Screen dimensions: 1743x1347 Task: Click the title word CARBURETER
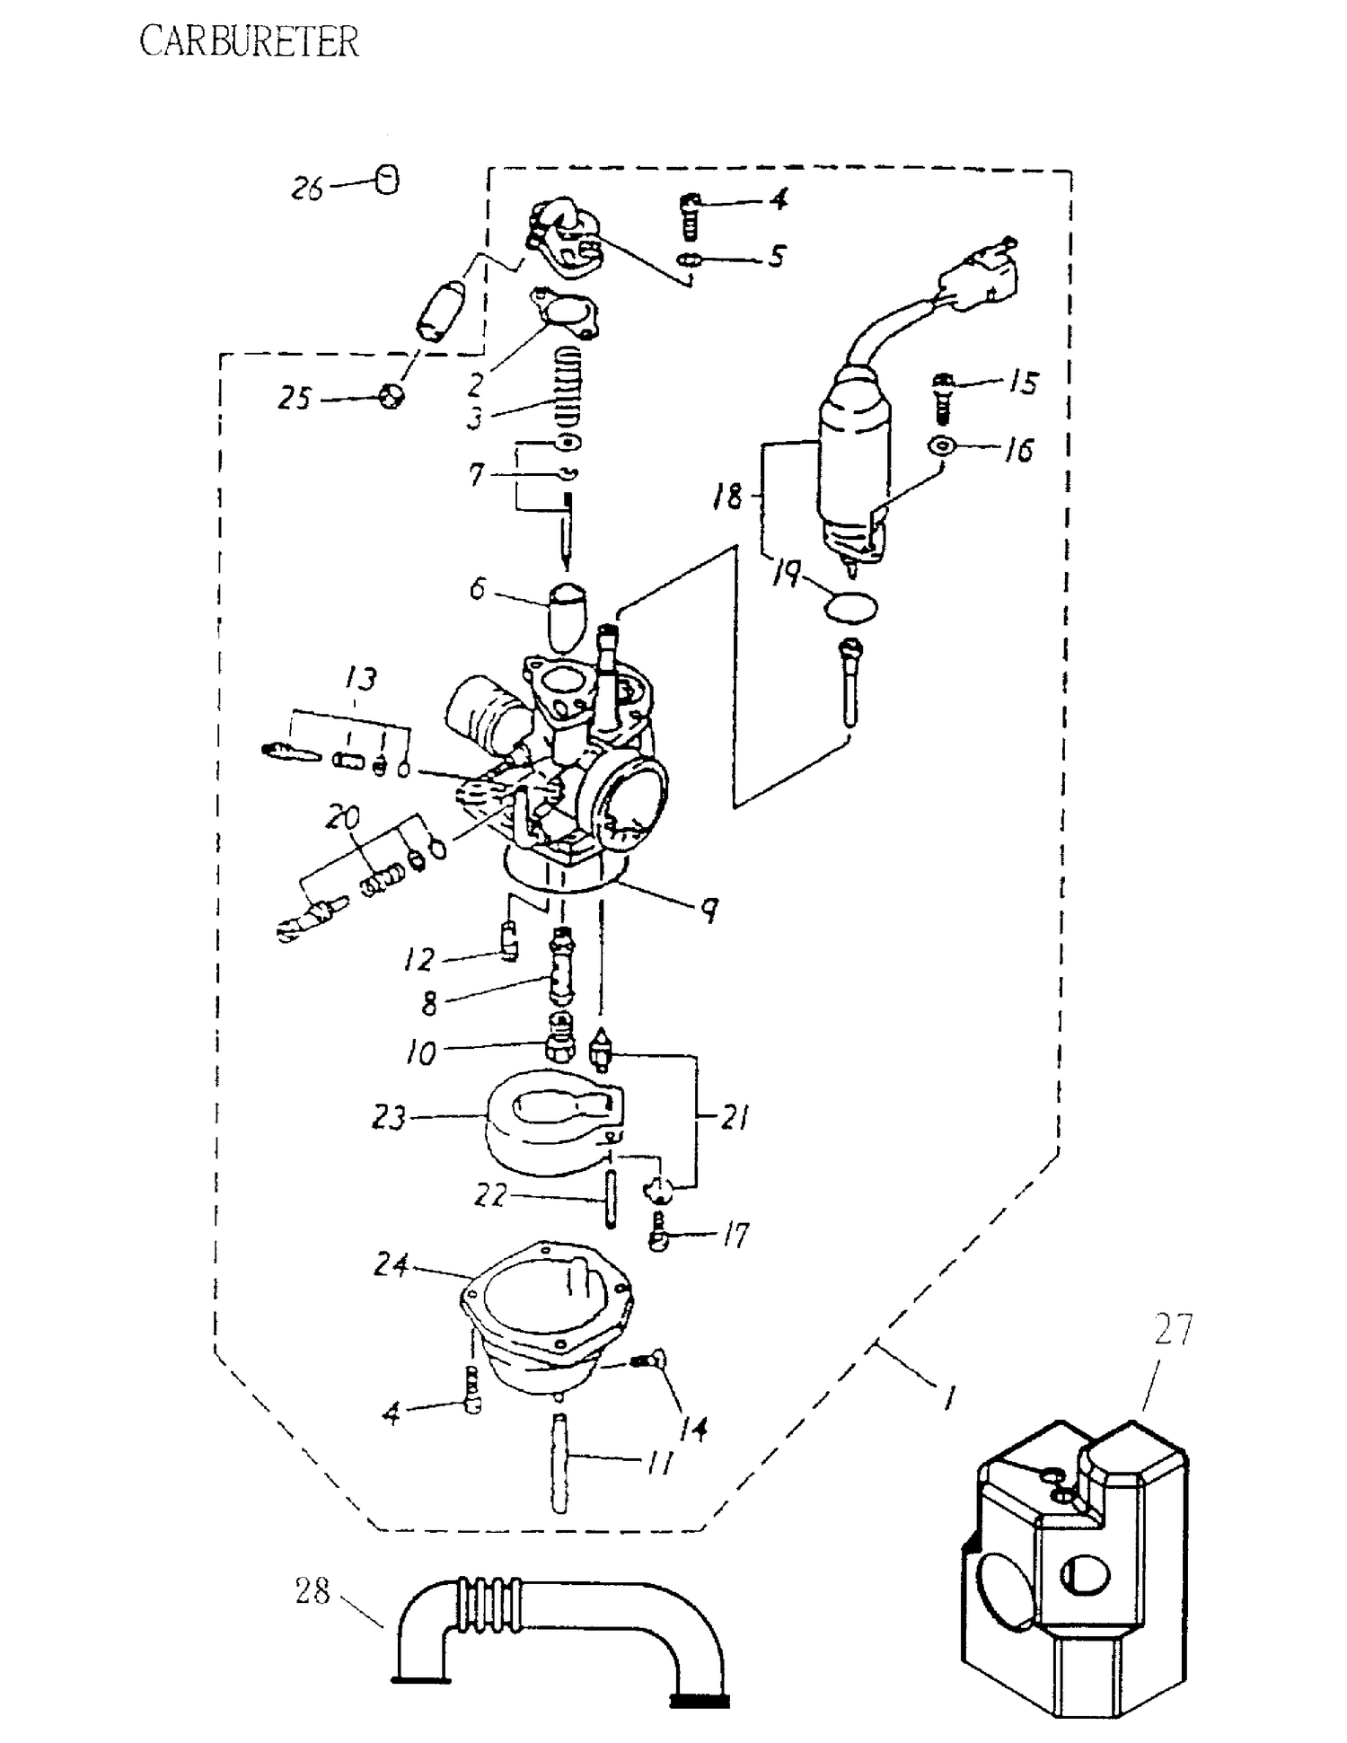249,42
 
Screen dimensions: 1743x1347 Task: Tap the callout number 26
307,189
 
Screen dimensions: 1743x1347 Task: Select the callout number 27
1173,1331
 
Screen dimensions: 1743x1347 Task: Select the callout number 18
728,496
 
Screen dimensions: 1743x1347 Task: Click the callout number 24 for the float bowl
392,1266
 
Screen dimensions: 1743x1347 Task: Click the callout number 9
709,911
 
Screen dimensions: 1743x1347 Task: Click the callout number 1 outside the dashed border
949,1397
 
